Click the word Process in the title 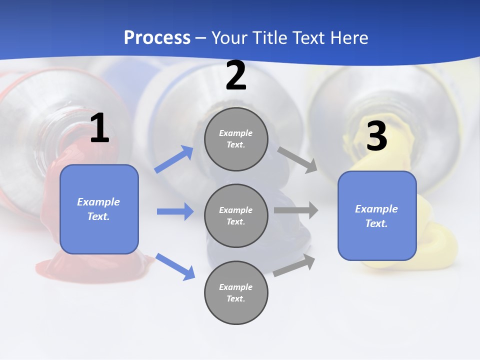157,38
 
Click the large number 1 99,128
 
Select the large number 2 236,76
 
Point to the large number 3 376,136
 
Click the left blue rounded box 99,209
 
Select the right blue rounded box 377,216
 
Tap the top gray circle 236,139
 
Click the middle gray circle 236,216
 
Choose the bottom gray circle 236,293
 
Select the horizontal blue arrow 175,211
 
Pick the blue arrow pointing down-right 175,266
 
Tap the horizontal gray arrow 296,210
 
